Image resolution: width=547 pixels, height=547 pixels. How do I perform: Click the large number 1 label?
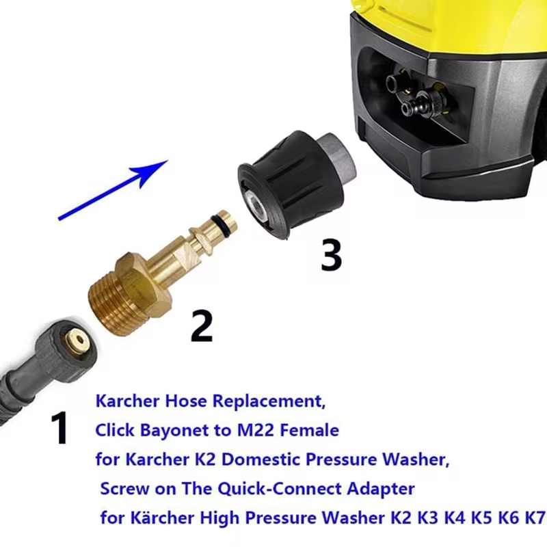point(60,428)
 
